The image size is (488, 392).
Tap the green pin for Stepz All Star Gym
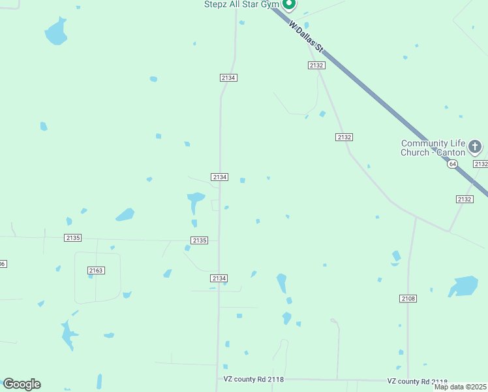tap(289, 4)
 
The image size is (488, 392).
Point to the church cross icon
tap(475, 146)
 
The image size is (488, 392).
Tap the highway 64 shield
tap(452, 164)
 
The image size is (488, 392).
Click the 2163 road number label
tap(96, 270)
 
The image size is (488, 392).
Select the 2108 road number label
tap(408, 299)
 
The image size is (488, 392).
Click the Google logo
tap(22, 384)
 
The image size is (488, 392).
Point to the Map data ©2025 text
tap(460, 387)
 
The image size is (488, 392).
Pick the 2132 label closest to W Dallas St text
tap(316, 65)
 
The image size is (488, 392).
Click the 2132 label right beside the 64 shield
tap(480, 164)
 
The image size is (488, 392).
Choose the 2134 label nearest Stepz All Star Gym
tap(228, 78)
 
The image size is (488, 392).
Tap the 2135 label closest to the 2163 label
tap(73, 238)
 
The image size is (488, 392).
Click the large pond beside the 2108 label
tap(464, 286)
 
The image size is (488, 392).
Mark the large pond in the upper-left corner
tap(56, 31)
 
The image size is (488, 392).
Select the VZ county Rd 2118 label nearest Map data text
tap(417, 382)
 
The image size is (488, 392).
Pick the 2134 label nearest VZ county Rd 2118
tap(219, 278)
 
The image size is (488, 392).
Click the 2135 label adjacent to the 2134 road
tap(200, 240)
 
